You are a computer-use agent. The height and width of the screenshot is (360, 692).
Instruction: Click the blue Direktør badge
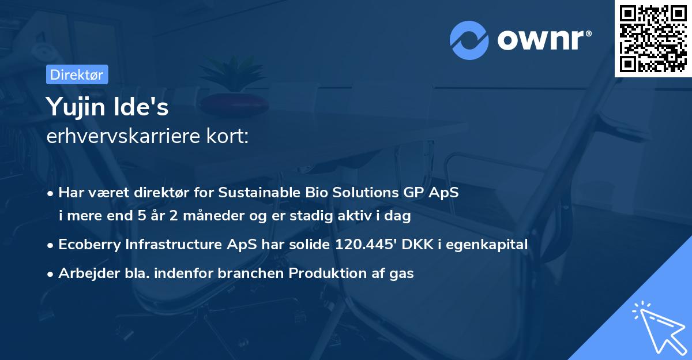click(77, 74)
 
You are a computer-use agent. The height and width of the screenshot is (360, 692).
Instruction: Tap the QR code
click(653, 39)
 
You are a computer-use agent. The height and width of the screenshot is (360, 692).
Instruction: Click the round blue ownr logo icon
click(469, 40)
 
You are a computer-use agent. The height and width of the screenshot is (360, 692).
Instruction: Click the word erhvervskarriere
click(123, 136)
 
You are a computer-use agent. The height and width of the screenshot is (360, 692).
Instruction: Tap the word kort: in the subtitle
click(227, 136)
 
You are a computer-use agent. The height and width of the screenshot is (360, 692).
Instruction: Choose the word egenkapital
click(487, 245)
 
